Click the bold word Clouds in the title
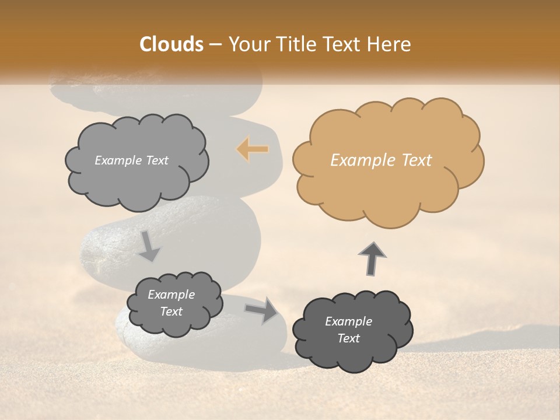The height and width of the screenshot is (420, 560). tap(171, 44)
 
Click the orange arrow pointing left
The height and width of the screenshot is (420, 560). tap(253, 149)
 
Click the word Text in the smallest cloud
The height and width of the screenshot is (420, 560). tap(171, 311)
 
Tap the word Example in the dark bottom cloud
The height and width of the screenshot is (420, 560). tap(348, 321)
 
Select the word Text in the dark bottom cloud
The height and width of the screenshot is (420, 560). tap(348, 338)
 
